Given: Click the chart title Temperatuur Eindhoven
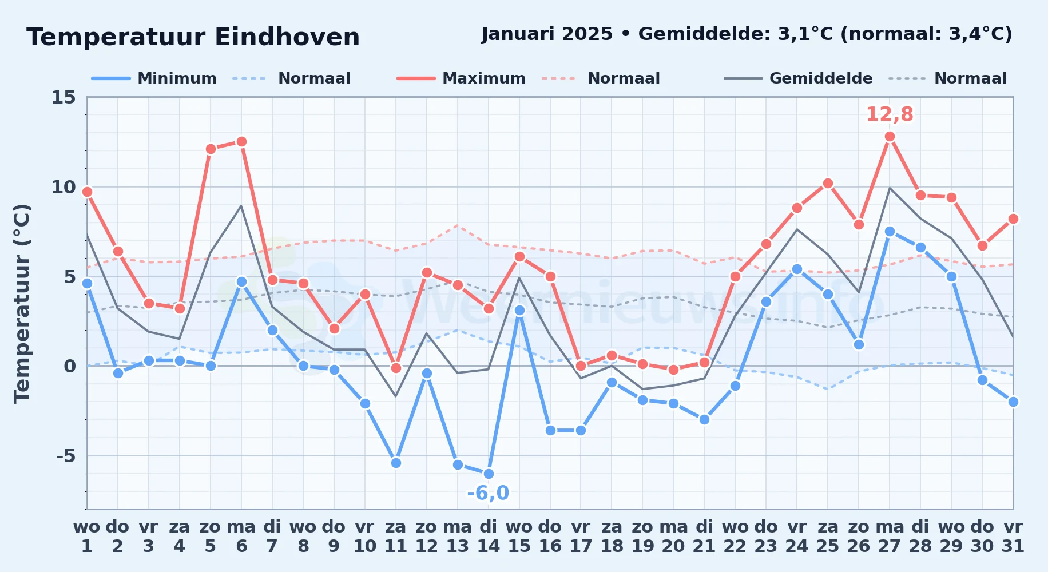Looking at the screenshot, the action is (x=193, y=37).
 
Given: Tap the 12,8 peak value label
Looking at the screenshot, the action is (x=890, y=114).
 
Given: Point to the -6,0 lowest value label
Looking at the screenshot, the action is (x=488, y=493).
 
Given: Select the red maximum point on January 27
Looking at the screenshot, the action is (x=890, y=137).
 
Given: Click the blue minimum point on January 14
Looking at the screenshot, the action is (x=489, y=474).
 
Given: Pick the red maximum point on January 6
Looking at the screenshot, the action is (x=241, y=141).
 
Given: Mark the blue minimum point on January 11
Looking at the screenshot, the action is (x=396, y=463).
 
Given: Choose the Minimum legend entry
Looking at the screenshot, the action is (x=154, y=78).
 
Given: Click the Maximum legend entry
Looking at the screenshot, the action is (x=461, y=78).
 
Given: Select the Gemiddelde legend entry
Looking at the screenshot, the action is (x=798, y=78).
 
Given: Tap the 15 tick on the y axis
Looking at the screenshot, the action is (x=63, y=97).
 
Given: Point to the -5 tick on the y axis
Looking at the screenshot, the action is (x=66, y=456).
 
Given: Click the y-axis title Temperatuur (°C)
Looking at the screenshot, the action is (x=22, y=303).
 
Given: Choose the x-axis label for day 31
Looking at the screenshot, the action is (x=1013, y=537).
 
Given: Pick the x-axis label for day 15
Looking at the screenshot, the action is (x=519, y=537).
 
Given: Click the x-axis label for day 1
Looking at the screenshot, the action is (x=87, y=537).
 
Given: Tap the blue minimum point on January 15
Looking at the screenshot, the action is (x=519, y=311).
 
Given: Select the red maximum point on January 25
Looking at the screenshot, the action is (x=828, y=184).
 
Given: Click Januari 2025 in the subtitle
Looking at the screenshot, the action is (x=547, y=34).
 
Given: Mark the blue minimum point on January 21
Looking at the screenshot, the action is (x=704, y=419).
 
